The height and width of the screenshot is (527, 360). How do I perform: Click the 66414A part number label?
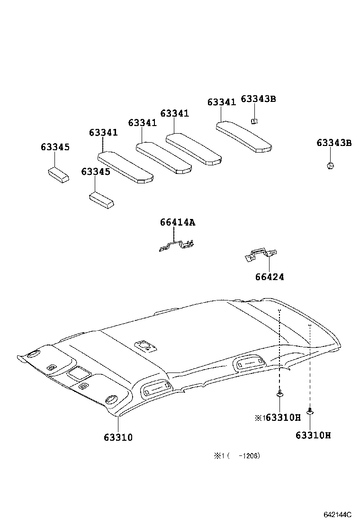(x=177, y=222)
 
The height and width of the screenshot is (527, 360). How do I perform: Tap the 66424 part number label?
(x=270, y=277)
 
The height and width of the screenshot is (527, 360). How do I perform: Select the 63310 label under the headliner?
(x=118, y=437)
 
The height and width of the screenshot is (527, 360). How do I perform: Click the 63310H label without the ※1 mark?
(x=313, y=435)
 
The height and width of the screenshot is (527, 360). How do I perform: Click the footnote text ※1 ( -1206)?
(x=237, y=456)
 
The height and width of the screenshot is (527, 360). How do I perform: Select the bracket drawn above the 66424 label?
(x=260, y=255)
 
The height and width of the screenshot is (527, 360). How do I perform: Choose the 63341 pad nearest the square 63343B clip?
(x=244, y=136)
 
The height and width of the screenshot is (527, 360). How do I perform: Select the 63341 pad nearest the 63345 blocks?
(x=126, y=166)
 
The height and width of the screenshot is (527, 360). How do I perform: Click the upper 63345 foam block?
(x=58, y=174)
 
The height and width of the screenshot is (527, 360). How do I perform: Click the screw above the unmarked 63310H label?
(x=310, y=410)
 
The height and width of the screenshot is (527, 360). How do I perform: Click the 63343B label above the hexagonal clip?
(x=334, y=143)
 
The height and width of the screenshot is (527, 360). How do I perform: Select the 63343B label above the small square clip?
(x=258, y=99)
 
